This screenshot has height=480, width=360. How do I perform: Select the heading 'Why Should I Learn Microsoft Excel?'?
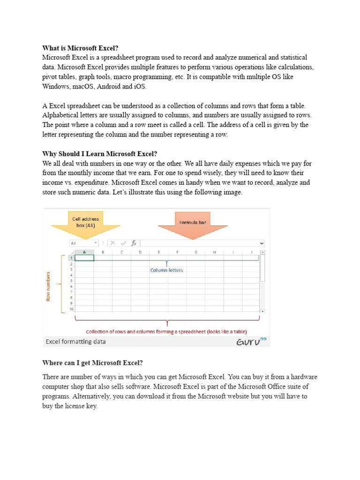point(100,154)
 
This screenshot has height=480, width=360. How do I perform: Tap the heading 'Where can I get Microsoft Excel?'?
point(92,363)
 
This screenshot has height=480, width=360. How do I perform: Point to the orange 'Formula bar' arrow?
point(193,224)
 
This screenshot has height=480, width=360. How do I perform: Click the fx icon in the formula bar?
point(134,243)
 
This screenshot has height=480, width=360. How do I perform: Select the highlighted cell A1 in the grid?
point(84,258)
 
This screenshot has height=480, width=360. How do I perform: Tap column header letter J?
point(251,252)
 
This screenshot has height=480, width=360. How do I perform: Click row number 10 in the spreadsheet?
point(72,309)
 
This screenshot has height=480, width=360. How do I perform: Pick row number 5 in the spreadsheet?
point(72,281)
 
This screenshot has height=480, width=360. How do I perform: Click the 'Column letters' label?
point(166,270)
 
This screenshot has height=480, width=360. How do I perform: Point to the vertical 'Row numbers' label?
point(48,286)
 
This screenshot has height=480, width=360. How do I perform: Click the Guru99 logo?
point(251,341)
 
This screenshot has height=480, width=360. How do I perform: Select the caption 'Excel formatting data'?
point(75,342)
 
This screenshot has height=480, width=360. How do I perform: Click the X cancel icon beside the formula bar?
point(113,243)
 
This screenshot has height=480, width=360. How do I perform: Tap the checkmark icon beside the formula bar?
point(123,243)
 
